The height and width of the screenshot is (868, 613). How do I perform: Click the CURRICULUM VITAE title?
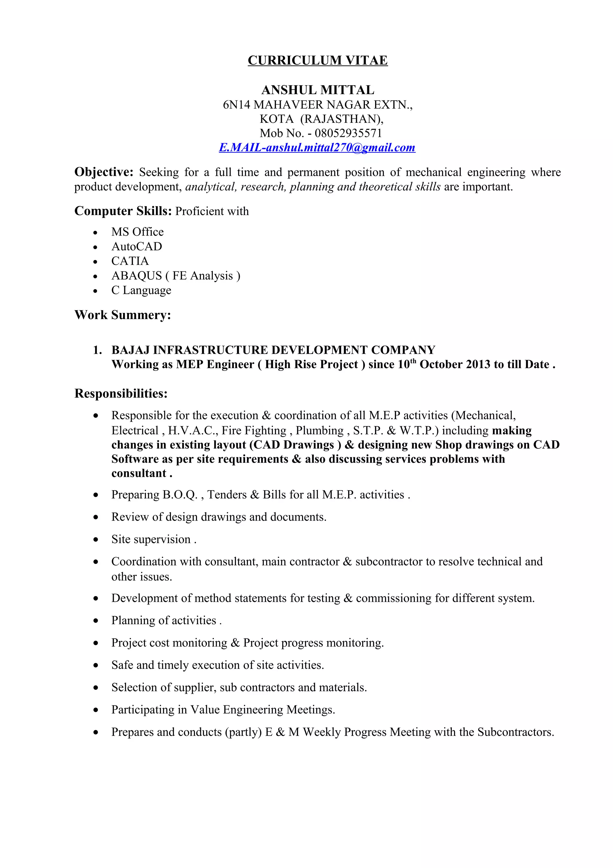317,61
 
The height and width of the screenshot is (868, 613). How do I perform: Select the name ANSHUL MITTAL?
317,90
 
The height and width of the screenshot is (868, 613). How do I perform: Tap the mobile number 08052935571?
348,133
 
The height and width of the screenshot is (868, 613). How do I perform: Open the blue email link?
317,147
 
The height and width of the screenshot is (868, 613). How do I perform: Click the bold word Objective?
104,172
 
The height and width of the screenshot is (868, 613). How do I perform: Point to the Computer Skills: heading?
123,211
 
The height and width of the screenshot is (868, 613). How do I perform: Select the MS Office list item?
137,232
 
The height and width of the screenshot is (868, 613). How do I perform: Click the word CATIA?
130,261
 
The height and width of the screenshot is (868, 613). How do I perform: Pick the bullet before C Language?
95,291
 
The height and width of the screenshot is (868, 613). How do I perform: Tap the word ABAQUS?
136,276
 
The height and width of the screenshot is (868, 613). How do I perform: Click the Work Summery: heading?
123,315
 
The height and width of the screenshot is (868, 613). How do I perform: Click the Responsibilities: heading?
121,394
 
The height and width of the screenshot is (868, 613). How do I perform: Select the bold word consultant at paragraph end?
139,473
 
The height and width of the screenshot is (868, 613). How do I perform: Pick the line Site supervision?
153,539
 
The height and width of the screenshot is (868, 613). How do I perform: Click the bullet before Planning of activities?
95,621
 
